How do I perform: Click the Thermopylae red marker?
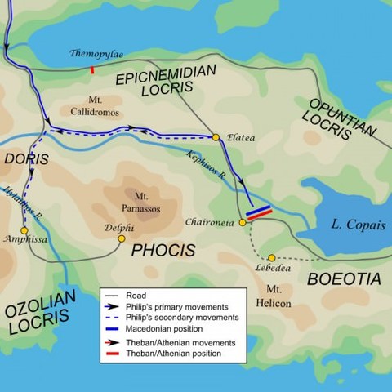(92, 70)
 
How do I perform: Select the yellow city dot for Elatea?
(216, 137)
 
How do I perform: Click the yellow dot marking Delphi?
(122, 238)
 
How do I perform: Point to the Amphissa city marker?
(24, 230)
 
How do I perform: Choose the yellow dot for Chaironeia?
(243, 222)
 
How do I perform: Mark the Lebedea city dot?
(272, 257)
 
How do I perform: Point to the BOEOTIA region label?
(343, 279)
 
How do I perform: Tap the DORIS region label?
(24, 158)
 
